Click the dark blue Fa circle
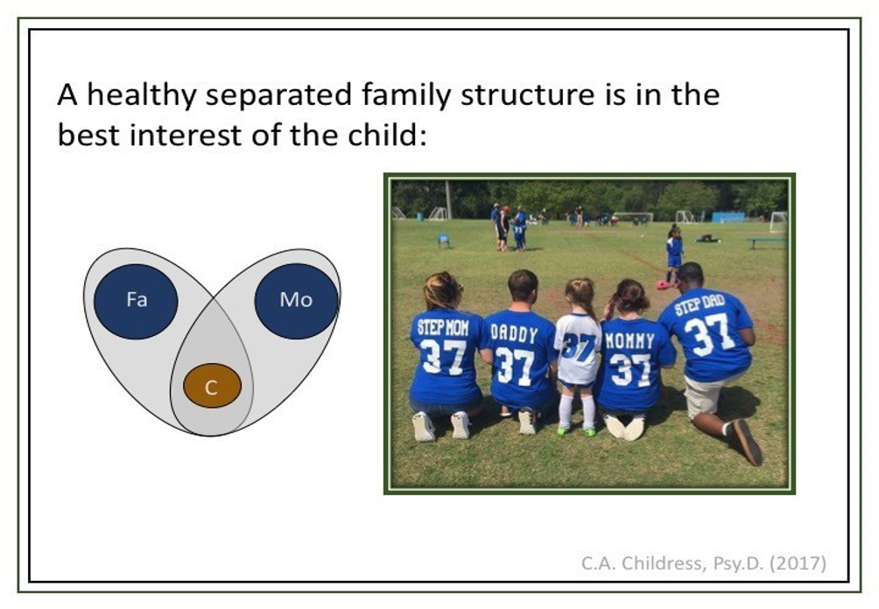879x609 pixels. click(x=136, y=301)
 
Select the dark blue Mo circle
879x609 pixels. click(x=296, y=301)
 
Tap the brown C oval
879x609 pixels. click(x=213, y=386)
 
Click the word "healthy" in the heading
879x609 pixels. click(x=142, y=94)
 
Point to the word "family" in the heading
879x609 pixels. click(x=406, y=94)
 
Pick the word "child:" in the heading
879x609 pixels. click(x=387, y=135)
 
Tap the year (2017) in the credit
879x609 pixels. click(x=798, y=563)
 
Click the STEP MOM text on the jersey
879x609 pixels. click(x=443, y=327)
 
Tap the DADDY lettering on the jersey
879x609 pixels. click(x=514, y=333)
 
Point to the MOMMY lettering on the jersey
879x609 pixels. click(x=629, y=340)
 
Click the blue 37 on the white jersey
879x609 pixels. click(x=579, y=346)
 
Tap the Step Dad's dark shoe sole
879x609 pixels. click(x=748, y=442)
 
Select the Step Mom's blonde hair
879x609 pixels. click(x=443, y=290)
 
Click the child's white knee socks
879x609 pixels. click(x=576, y=411)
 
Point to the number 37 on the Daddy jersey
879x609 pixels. click(x=515, y=365)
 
